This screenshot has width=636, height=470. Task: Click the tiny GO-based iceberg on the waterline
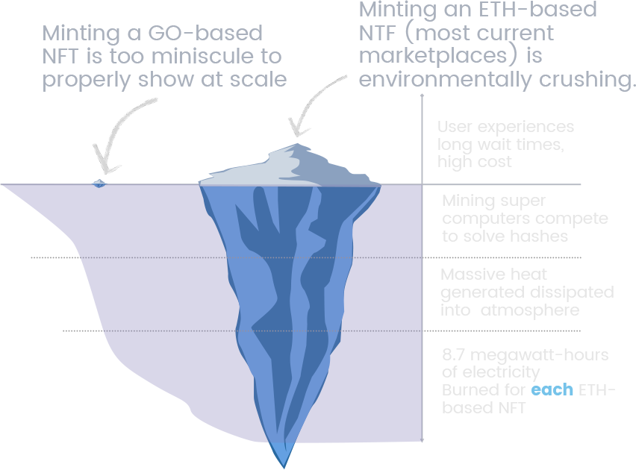point(99,182)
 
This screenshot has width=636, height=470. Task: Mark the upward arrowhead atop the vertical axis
point(423,96)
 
